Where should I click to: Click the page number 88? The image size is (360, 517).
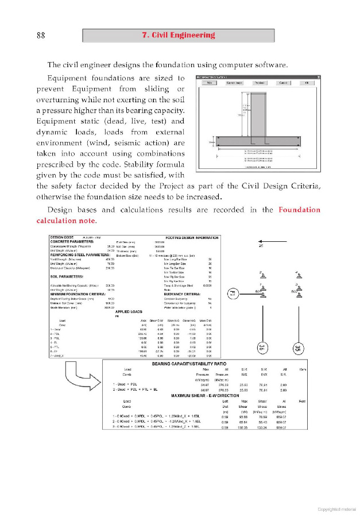pos(41,36)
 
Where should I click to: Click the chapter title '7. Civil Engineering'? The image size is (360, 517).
pos(178,35)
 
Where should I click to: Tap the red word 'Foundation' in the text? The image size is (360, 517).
pos(299,210)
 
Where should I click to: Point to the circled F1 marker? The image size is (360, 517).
pos(233,294)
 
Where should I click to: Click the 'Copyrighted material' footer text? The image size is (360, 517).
pos(337,508)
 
